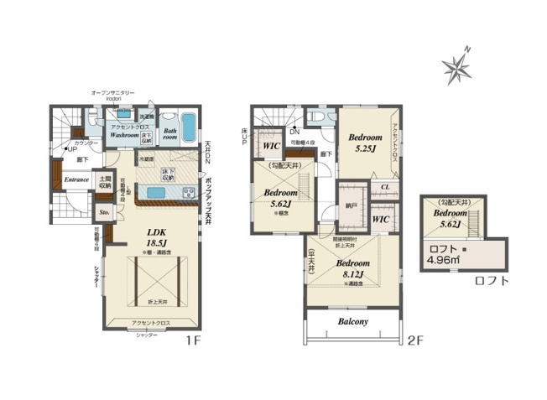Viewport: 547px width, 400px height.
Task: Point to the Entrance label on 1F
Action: pyautogui.click(x=77, y=179)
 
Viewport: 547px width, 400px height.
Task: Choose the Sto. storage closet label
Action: pyautogui.click(x=104, y=213)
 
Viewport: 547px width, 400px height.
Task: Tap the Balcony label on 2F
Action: pyautogui.click(x=353, y=321)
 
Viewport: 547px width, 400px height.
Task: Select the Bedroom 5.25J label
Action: pyautogui.click(x=366, y=142)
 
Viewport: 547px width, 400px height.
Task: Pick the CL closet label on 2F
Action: pyautogui.click(x=383, y=187)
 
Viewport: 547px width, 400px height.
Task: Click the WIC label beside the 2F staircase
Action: pyautogui.click(x=270, y=146)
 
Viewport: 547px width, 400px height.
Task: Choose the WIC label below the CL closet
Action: pyautogui.click(x=379, y=219)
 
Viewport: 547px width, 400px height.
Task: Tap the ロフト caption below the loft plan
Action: pyautogui.click(x=491, y=281)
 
